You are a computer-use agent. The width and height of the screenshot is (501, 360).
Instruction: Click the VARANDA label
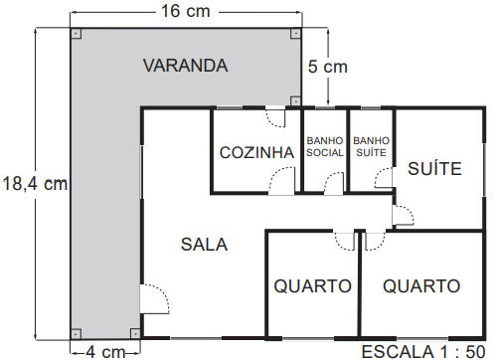185,67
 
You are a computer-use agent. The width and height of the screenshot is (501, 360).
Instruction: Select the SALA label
204,244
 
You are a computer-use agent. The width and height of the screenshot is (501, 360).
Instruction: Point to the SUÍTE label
434,169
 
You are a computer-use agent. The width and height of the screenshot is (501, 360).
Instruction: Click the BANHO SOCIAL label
324,146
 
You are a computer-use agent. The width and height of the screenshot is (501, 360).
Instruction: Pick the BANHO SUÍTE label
371,146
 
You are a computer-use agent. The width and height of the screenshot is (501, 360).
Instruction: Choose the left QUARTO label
313,285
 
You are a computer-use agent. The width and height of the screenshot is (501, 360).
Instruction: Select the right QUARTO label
421,285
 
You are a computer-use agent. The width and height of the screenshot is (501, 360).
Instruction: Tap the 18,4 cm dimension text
35,183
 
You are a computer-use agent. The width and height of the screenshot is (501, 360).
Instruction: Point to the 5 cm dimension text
327,67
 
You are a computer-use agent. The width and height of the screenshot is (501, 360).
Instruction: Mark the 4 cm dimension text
104,350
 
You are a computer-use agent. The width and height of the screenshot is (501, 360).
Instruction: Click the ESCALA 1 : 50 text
426,350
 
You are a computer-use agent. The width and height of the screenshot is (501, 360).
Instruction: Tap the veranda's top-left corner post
77,33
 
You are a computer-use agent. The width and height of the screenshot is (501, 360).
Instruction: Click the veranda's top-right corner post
295,33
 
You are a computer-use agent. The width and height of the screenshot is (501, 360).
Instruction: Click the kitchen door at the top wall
270,115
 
